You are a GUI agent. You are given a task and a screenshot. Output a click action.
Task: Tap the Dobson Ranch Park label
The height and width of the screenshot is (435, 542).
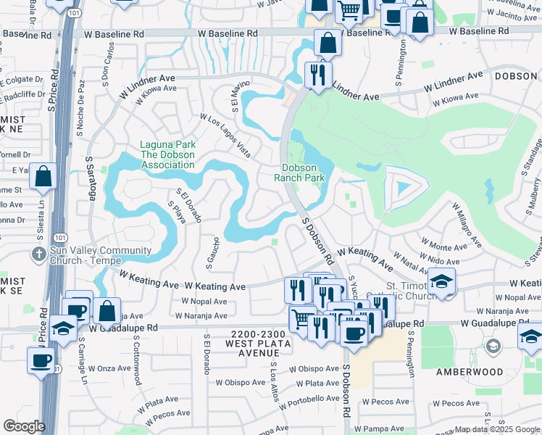(304, 172)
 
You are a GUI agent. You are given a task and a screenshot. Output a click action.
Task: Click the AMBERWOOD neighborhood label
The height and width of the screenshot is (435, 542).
(470, 371)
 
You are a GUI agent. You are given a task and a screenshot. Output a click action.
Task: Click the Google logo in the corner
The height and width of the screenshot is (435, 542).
(24, 426)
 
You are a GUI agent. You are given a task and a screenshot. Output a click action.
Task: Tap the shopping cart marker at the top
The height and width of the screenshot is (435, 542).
(349, 10)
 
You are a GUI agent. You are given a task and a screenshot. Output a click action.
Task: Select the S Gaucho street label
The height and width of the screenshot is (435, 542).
(216, 249)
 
